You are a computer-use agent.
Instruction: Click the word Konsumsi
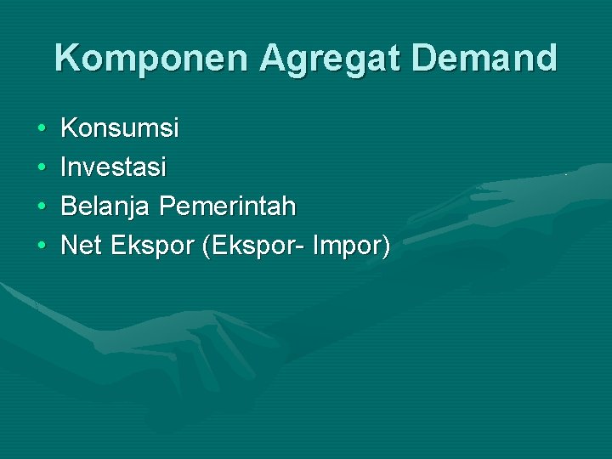tap(120, 128)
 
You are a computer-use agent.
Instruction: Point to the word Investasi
tap(114, 167)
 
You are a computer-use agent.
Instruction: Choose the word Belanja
tap(106, 207)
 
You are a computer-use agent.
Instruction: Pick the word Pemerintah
tap(227, 207)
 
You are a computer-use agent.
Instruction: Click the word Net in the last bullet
tap(82, 246)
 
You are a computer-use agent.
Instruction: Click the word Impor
tap(348, 247)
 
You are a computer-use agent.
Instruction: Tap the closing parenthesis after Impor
tap(387, 247)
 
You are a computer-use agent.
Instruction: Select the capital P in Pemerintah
tap(167, 207)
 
